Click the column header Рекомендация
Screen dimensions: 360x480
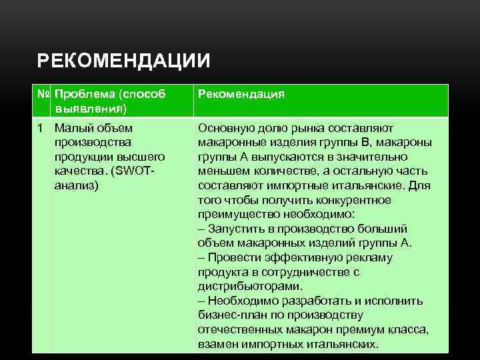pyautogui.click(x=241, y=95)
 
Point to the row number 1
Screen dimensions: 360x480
pyautogui.click(x=41, y=128)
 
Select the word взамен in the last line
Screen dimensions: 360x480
pyautogui.click(x=217, y=344)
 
